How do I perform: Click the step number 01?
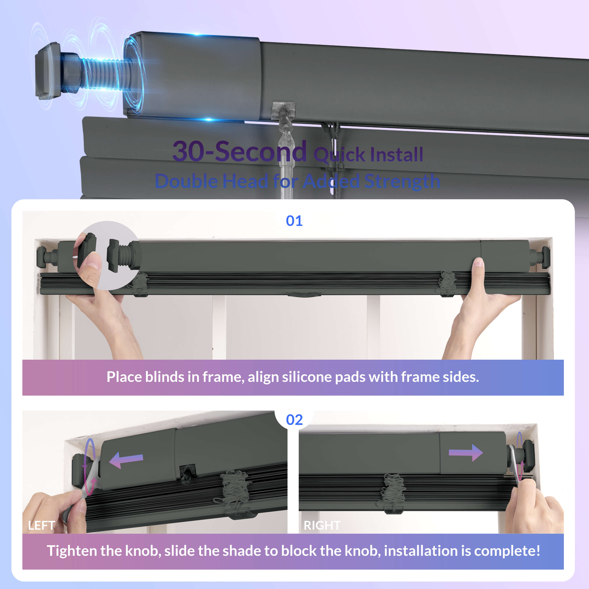tap(294, 221)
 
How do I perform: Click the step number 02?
tap(294, 420)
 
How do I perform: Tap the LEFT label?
tap(41, 525)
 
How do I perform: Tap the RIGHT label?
tap(322, 525)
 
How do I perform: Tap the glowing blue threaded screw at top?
tap(105, 74)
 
